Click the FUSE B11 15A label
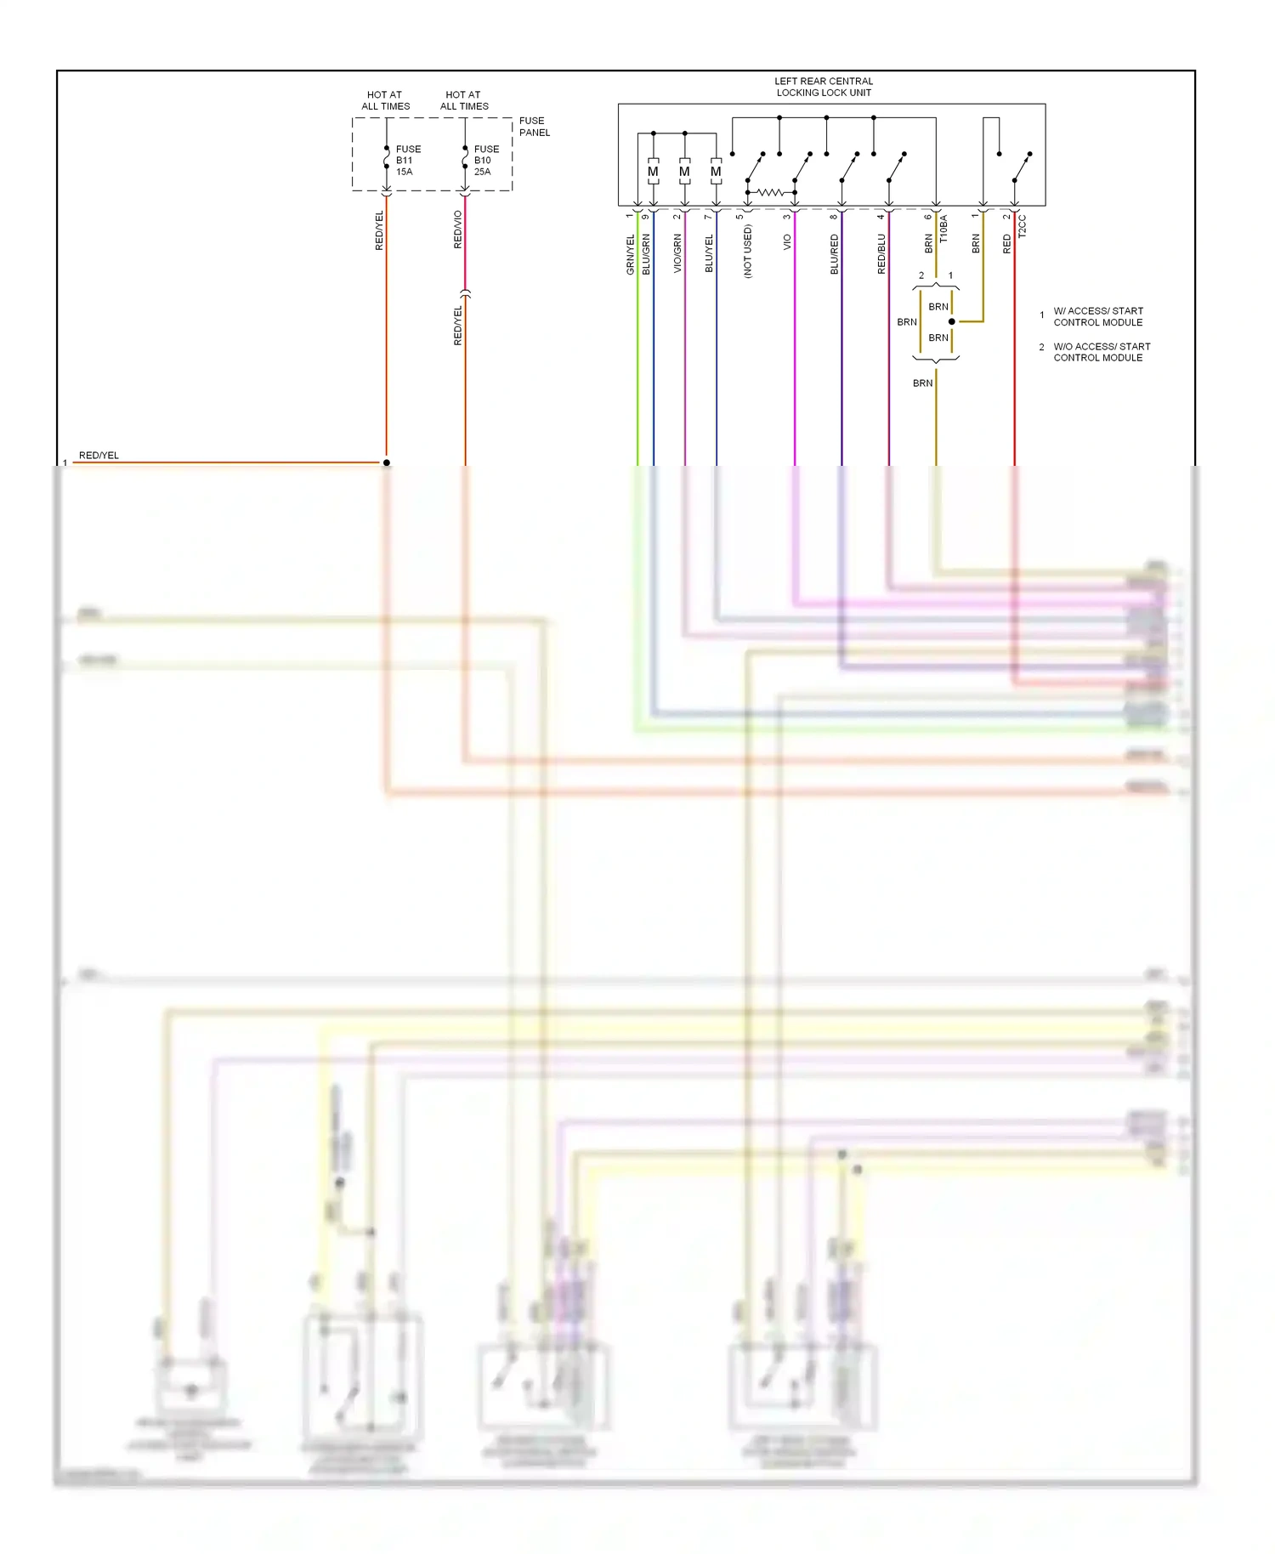(407, 160)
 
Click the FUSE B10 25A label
(486, 160)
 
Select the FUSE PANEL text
(534, 127)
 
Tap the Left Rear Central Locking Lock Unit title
(823, 87)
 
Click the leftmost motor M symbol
(653, 172)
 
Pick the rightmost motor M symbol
(716, 172)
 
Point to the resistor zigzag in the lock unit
(770, 193)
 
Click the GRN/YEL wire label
(630, 254)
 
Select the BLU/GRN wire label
(646, 254)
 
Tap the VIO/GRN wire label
(677, 254)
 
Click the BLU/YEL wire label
(709, 254)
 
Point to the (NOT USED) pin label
(747, 252)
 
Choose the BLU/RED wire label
(834, 254)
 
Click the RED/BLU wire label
(881, 254)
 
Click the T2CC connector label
(1022, 226)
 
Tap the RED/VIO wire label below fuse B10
(457, 230)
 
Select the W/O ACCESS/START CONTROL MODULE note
(1101, 352)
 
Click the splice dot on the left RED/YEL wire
(387, 462)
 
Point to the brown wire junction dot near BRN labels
(951, 321)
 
